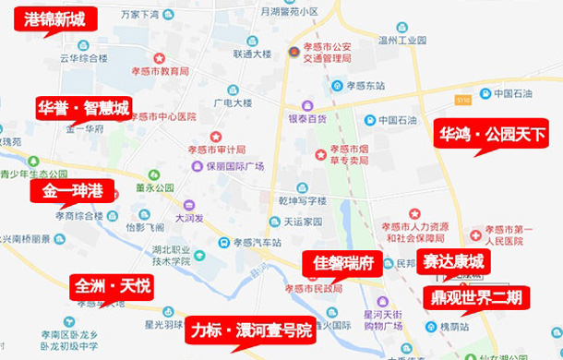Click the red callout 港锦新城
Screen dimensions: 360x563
(54, 19)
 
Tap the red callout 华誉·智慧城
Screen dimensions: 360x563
(83, 106)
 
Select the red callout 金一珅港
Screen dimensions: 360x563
(72, 191)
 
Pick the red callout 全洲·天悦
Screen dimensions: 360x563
(112, 286)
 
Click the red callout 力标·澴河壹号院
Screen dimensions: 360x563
(250, 330)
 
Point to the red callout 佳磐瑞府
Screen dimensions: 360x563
(342, 263)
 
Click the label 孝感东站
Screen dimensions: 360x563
(365, 86)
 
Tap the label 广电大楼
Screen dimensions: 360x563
(234, 102)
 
